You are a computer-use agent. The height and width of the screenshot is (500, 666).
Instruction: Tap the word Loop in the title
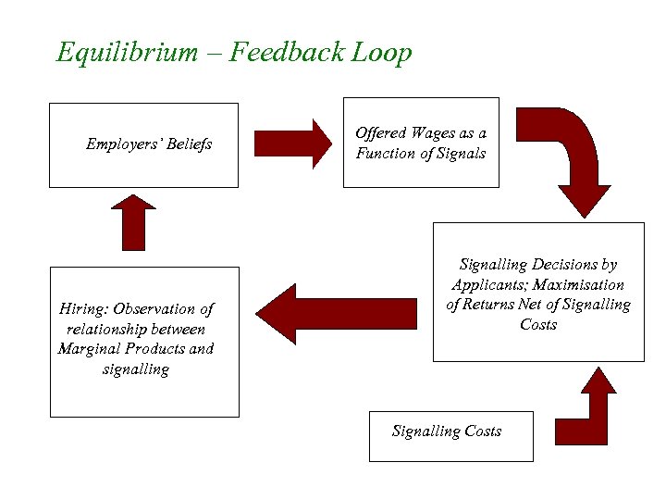click(x=381, y=53)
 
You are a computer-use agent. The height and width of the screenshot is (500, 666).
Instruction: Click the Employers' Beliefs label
click(x=149, y=144)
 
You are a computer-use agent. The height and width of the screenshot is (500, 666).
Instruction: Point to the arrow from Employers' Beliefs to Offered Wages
click(x=292, y=144)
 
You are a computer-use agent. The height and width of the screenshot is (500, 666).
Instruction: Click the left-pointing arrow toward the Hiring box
click(x=342, y=314)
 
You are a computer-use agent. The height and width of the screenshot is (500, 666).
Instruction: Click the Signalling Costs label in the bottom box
click(x=447, y=431)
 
